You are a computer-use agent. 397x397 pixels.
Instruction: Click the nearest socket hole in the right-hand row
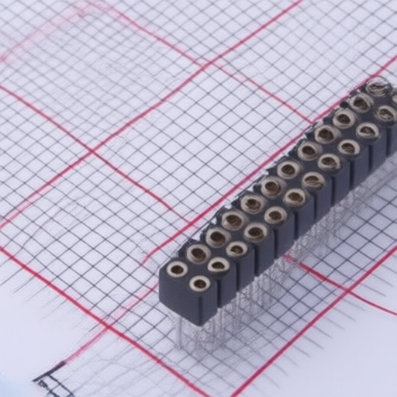(200, 284)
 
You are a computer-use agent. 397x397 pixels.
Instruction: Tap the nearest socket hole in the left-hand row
(177, 269)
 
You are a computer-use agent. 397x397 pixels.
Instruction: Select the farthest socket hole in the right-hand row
(385, 114)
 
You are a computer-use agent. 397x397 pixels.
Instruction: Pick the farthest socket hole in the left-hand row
(378, 88)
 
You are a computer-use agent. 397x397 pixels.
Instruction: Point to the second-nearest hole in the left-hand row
(198, 253)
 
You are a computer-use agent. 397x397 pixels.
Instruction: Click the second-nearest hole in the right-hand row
(219, 266)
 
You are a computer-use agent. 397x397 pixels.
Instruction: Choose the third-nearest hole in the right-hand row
(237, 249)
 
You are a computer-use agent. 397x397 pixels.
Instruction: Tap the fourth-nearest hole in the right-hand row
(256, 232)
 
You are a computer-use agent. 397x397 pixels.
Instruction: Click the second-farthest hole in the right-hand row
(368, 130)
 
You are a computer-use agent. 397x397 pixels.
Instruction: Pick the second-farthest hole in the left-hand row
(361, 102)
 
